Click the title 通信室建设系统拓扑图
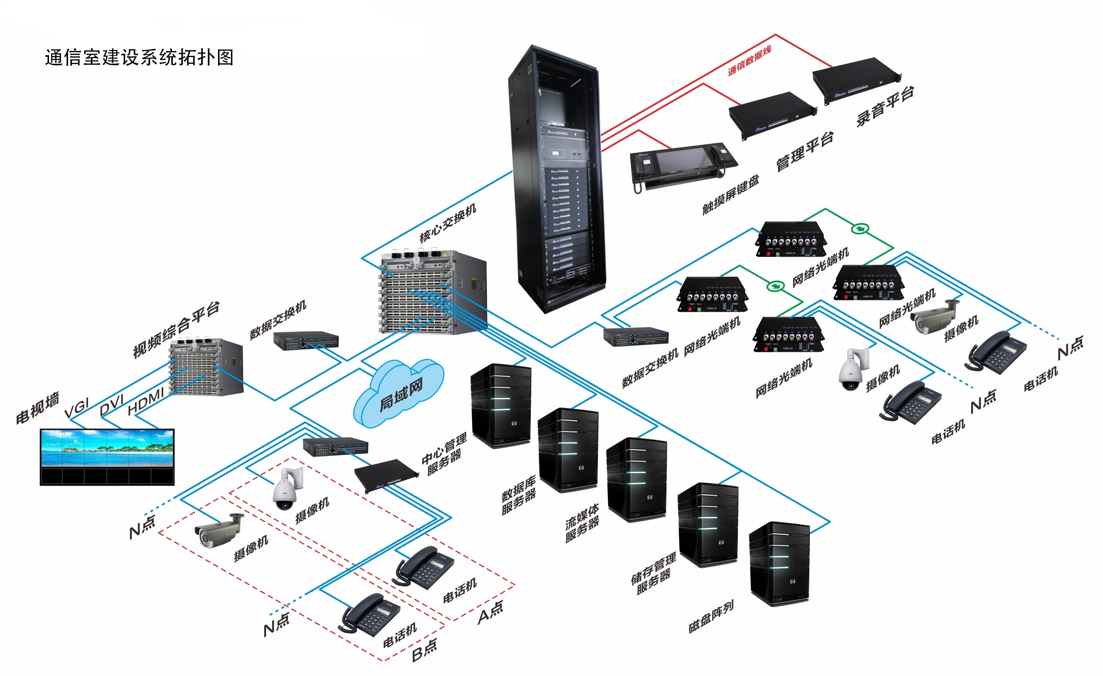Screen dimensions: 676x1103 click(139, 58)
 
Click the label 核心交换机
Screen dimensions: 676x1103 click(447, 223)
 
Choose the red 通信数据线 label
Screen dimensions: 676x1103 click(749, 61)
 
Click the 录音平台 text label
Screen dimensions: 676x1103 click(885, 107)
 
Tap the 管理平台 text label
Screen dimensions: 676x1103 click(805, 151)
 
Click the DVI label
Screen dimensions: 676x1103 click(112, 405)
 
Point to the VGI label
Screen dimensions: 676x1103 click(77, 408)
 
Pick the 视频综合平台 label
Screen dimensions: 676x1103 click(176, 329)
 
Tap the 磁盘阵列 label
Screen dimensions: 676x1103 click(711, 616)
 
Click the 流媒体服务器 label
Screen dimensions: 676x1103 click(582, 524)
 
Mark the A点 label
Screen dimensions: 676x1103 click(490, 612)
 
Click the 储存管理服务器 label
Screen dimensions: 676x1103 click(653, 574)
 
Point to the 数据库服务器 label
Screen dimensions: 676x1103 click(519, 495)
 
